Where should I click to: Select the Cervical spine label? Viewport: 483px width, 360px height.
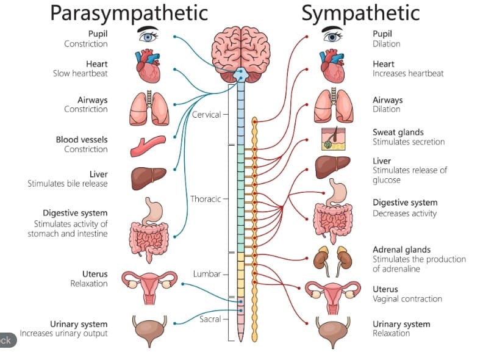click(206, 115)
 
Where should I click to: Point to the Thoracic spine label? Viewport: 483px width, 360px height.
click(206, 199)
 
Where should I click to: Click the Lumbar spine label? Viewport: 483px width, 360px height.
click(207, 274)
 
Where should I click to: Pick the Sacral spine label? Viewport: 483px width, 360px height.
click(209, 319)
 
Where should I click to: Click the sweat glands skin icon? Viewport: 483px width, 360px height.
click(333, 139)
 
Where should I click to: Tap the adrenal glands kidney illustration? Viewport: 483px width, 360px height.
click(332, 258)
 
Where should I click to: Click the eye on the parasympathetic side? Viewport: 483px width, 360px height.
click(148, 35)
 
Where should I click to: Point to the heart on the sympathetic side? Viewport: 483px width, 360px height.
click(333, 67)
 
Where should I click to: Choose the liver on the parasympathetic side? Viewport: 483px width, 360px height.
click(148, 178)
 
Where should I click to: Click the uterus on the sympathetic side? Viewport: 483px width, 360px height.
click(332, 295)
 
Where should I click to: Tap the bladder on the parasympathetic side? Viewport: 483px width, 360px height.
click(148, 330)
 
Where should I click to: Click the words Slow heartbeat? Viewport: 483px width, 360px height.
click(80, 73)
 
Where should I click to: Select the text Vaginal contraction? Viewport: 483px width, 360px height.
click(407, 299)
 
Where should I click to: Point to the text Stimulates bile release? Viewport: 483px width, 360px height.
click(67, 184)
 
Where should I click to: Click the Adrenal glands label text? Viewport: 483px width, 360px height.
click(401, 250)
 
